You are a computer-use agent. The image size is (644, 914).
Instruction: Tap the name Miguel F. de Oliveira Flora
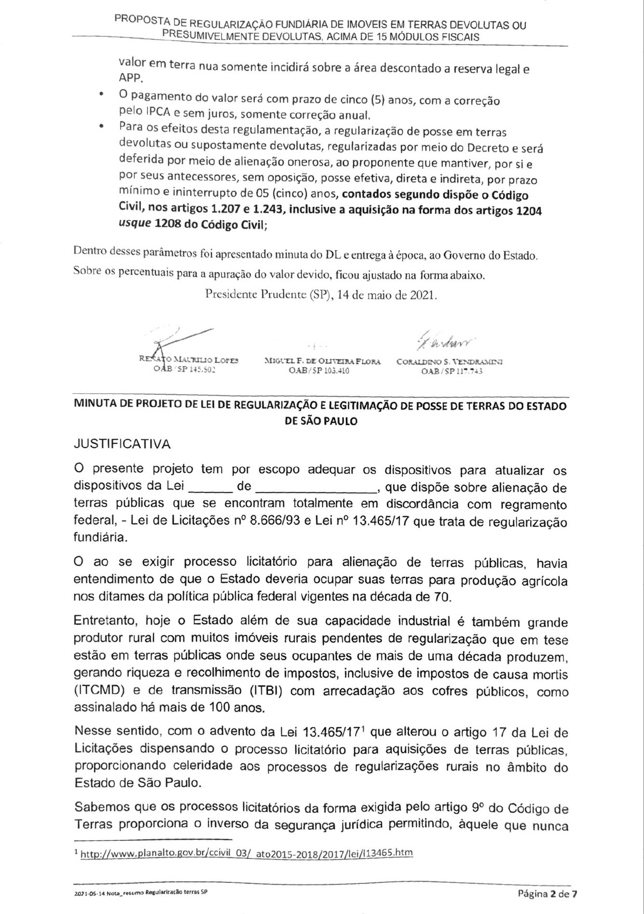[x=322, y=362]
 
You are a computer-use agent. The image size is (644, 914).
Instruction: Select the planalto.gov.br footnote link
[x=247, y=853]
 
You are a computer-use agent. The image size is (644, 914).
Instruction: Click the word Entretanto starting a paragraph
[x=104, y=621]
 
